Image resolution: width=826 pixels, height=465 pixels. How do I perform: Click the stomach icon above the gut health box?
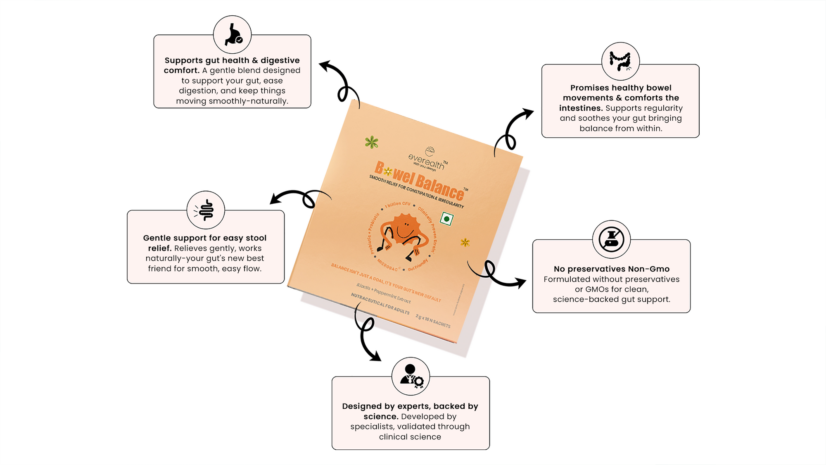[x=233, y=35]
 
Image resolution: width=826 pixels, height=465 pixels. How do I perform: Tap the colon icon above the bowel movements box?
[x=620, y=61]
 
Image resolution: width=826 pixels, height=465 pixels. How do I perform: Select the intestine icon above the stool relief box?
[x=206, y=210]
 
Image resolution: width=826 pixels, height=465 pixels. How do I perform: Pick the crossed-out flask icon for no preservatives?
[x=611, y=239]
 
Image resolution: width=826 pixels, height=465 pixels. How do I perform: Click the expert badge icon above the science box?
[x=411, y=376]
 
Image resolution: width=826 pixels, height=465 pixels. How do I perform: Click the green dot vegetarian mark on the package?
[x=446, y=219]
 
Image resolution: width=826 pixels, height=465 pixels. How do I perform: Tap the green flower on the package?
[x=372, y=142]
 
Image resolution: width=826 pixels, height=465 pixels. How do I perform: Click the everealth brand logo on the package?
[x=428, y=160]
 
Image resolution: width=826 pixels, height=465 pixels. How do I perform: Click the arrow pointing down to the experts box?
[x=366, y=335]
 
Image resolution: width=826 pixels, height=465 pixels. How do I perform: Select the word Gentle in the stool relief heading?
[x=156, y=238]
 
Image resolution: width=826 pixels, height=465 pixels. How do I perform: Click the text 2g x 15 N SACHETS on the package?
[x=433, y=321]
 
